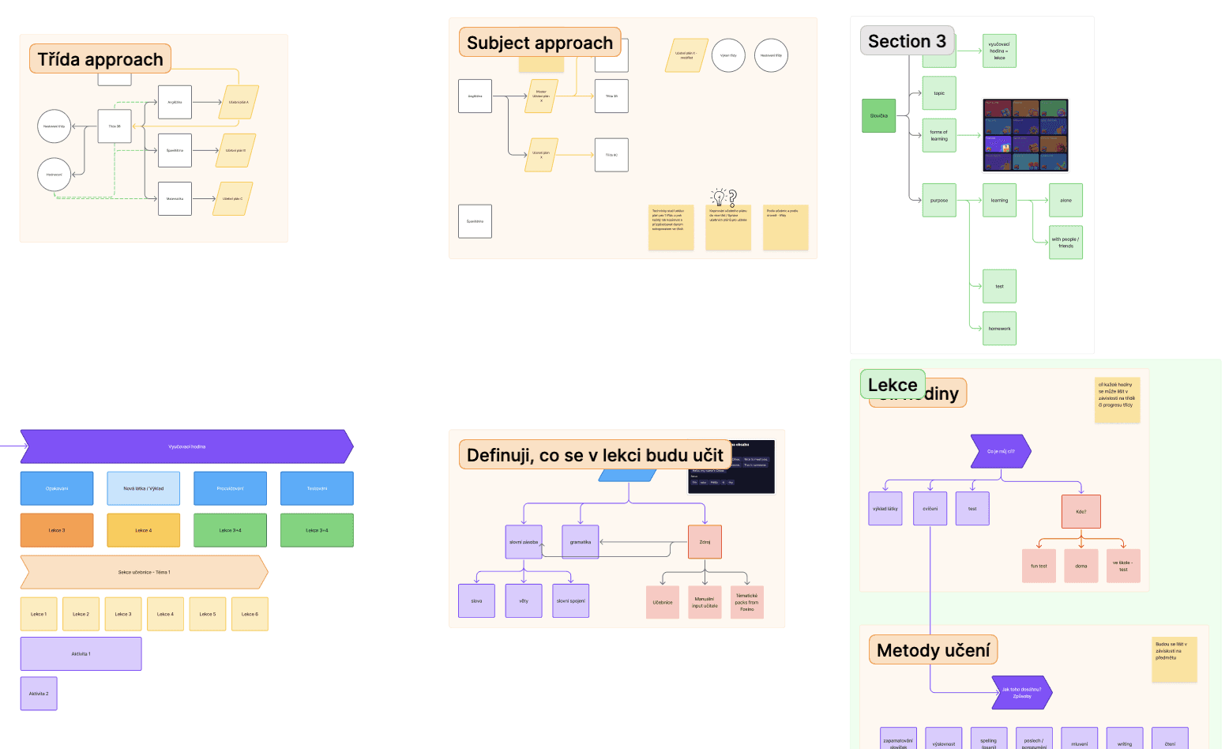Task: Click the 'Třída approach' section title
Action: (100, 59)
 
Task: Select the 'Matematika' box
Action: (175, 199)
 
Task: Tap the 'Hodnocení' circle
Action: (54, 175)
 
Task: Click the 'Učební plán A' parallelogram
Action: (239, 102)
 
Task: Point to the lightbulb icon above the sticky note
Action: (719, 197)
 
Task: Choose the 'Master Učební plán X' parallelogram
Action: (541, 96)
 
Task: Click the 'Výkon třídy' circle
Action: (728, 55)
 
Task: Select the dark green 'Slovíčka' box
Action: (878, 115)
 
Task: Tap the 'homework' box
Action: (999, 329)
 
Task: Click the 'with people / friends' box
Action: (1066, 243)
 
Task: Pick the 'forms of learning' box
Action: (938, 135)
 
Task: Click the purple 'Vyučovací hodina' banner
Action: (186, 446)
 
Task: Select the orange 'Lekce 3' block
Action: (57, 530)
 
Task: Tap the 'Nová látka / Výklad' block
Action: (143, 488)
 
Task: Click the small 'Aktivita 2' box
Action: (39, 694)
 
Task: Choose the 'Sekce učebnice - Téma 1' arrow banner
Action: (144, 572)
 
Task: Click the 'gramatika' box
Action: (580, 542)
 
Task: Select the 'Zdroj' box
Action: (705, 542)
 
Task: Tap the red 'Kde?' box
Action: (1081, 512)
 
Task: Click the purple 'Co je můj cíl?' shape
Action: (1000, 451)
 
